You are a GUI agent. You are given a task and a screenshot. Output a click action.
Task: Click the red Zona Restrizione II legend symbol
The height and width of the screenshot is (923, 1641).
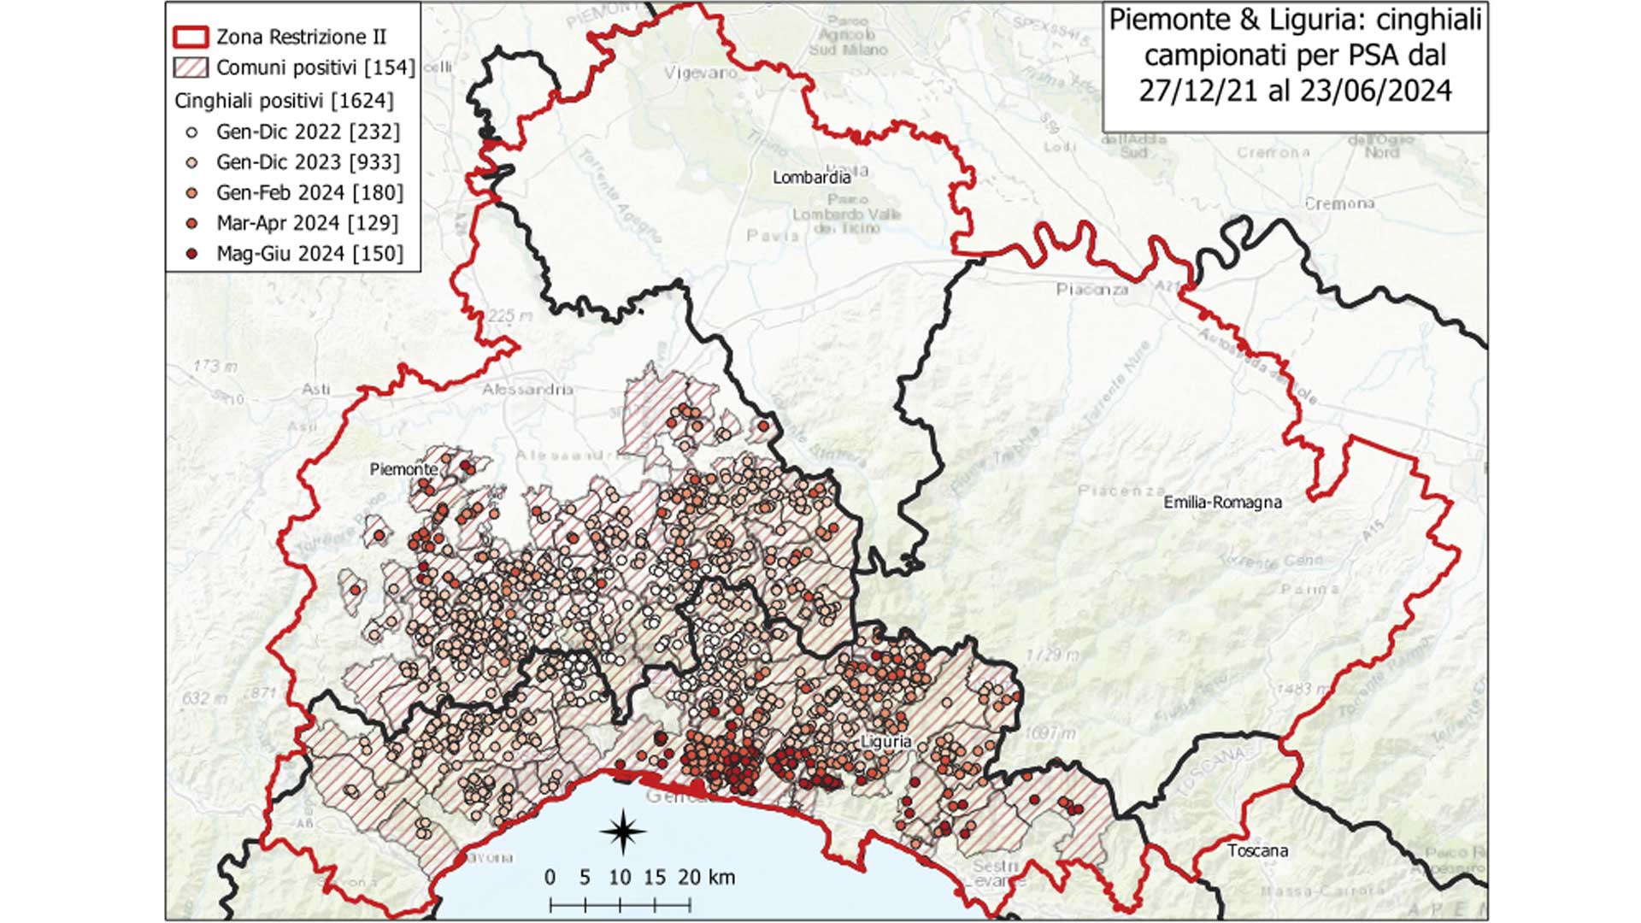(191, 37)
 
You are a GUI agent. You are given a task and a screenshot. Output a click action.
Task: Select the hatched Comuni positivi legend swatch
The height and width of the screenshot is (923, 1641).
(191, 68)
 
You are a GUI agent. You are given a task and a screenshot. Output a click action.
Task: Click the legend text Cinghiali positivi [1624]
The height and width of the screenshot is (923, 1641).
(284, 101)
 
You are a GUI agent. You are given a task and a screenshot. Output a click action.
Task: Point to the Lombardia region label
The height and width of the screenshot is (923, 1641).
(811, 178)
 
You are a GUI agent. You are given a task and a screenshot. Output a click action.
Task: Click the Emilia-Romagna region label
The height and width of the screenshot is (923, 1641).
(1222, 503)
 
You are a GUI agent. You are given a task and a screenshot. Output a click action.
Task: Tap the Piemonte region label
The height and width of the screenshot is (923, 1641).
(403, 469)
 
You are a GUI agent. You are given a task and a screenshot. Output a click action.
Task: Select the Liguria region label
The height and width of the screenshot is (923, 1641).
(886, 742)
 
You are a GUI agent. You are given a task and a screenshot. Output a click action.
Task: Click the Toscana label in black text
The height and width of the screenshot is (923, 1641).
(1257, 850)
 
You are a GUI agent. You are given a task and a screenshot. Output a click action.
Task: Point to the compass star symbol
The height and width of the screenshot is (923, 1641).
(623, 831)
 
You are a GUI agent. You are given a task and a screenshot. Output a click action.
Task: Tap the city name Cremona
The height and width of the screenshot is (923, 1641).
(1339, 203)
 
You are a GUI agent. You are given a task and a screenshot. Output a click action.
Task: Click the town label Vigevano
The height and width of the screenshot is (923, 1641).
(701, 73)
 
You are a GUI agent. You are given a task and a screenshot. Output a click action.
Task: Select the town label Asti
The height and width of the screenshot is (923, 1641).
(315, 389)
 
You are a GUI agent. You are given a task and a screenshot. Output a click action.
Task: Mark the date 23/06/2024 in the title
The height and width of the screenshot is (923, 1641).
(1373, 91)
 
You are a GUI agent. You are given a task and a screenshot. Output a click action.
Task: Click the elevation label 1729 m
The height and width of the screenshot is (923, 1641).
(1052, 655)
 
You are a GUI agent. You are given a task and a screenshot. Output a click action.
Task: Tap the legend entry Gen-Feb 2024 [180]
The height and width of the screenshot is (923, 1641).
(309, 193)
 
